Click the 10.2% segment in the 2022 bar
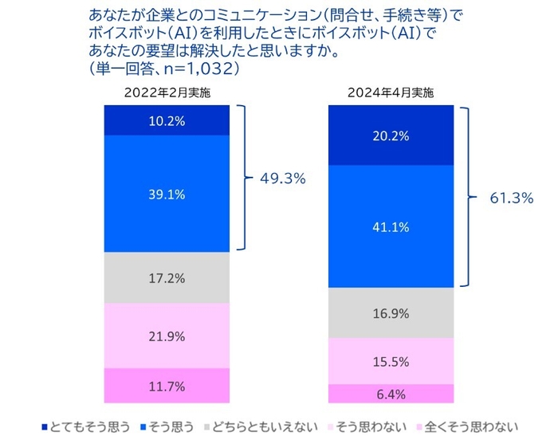coord(167,121)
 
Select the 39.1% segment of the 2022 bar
coord(167,194)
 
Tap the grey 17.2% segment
coord(167,278)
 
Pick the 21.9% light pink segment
coord(167,336)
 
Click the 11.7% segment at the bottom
coord(167,387)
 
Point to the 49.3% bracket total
coord(283,179)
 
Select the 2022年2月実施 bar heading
coord(167,92)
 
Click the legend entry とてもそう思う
coord(89,425)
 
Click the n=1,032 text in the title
coord(195,70)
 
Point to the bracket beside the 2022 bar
coord(248,179)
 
